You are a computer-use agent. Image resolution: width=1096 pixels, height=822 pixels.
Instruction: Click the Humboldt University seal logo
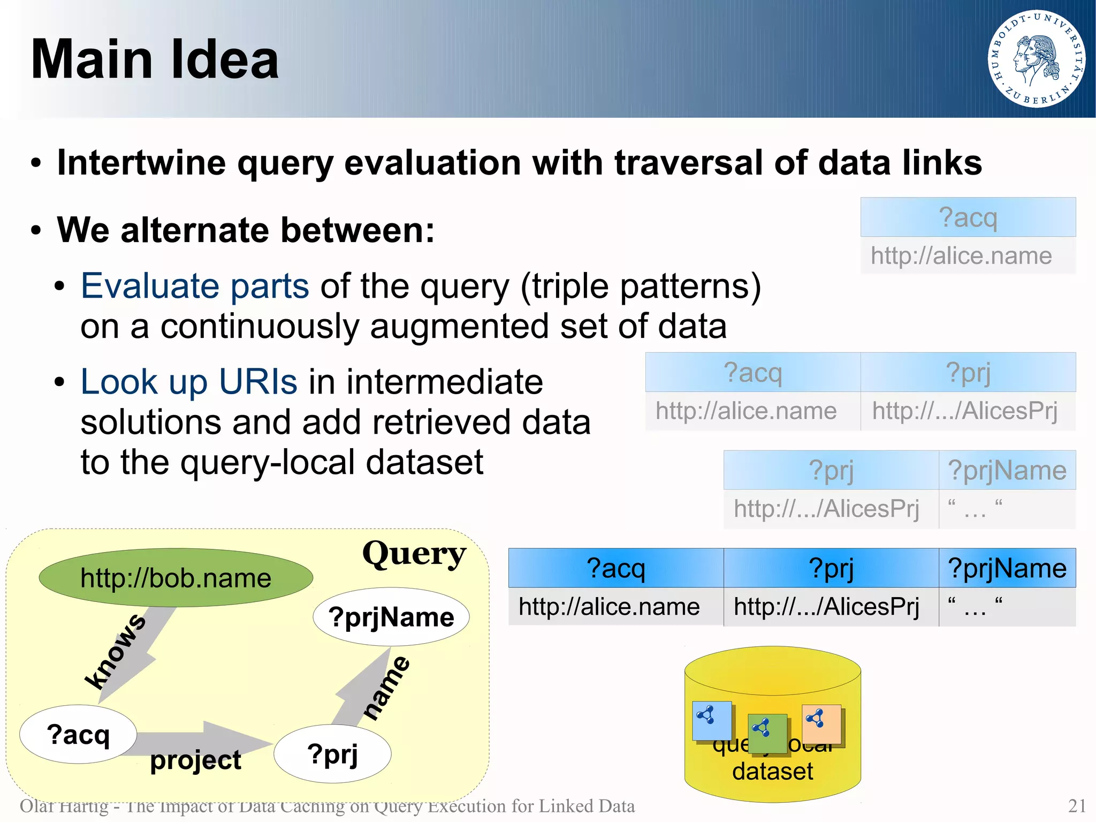pyautogui.click(x=1036, y=59)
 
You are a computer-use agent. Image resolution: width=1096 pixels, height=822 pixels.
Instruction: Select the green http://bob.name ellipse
pyautogui.click(x=176, y=578)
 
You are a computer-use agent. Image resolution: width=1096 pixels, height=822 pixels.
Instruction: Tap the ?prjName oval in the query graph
pyautogui.click(x=391, y=617)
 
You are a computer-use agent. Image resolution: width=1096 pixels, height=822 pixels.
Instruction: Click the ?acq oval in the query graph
pyautogui.click(x=78, y=734)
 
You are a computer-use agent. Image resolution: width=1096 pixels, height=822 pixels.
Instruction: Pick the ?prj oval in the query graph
pyautogui.click(x=332, y=754)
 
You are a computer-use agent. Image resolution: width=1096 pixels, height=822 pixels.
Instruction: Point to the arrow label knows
pyautogui.click(x=115, y=651)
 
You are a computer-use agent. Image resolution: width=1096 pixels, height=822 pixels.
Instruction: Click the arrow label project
pyautogui.click(x=195, y=760)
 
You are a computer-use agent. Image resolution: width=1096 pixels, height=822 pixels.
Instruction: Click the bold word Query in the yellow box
pyautogui.click(x=414, y=554)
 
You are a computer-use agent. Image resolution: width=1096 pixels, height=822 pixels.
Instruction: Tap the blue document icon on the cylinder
pyautogui.click(x=712, y=721)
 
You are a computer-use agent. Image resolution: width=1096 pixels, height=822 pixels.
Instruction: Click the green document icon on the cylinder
pyautogui.click(x=767, y=734)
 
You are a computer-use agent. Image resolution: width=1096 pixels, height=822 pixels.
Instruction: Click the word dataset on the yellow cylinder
pyautogui.click(x=772, y=771)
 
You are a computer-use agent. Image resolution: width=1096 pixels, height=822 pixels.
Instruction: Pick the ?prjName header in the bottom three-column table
pyautogui.click(x=1007, y=568)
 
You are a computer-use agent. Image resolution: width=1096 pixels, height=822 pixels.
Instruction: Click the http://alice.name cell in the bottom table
pyautogui.click(x=609, y=607)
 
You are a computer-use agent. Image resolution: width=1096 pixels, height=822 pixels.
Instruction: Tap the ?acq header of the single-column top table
pyautogui.click(x=968, y=217)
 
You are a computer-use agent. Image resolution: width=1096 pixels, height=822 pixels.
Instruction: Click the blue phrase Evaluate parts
pyautogui.click(x=195, y=286)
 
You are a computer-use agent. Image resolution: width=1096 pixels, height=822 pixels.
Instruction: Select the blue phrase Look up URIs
pyautogui.click(x=189, y=382)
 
